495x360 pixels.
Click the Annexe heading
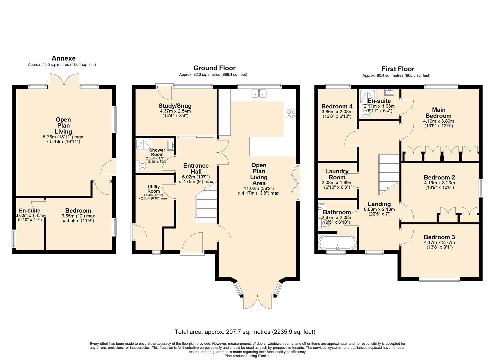pos(63,58)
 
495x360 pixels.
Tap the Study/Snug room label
pos(175,106)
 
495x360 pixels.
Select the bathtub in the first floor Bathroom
pos(337,243)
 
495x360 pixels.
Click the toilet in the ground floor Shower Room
pos(142,165)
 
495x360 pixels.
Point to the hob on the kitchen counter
pos(291,114)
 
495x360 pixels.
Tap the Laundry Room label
pos(337,174)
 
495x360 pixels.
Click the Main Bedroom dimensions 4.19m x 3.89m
pos(438,121)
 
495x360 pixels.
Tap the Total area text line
pos(245,332)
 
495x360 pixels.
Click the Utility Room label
pos(154,189)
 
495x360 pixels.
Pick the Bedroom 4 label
pos(337,107)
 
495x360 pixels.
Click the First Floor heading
pos(398,69)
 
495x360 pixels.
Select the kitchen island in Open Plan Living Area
pos(272,146)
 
